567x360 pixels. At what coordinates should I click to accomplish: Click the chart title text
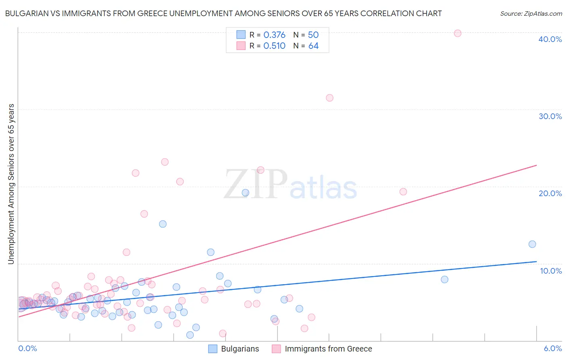point(223,13)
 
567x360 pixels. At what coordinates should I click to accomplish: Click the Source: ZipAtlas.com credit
point(531,13)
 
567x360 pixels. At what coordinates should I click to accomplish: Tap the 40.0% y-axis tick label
point(550,39)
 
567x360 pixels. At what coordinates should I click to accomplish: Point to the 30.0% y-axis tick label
point(550,116)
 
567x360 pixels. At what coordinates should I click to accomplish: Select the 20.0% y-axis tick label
point(550,193)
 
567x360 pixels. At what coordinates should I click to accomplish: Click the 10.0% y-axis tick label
point(551,271)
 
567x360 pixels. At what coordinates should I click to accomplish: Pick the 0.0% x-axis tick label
point(27,348)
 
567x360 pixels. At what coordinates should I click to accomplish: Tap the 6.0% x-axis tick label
point(553,348)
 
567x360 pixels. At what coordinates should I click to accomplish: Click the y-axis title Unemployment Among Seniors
point(11,184)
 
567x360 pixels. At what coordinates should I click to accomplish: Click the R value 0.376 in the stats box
point(274,35)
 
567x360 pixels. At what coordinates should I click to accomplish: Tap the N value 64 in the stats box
point(313,46)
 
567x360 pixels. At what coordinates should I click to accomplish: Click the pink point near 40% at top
point(457,33)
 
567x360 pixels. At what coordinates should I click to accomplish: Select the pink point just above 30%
point(329,98)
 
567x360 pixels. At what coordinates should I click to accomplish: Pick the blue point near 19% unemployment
point(245,193)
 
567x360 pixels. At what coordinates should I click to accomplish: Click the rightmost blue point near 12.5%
point(532,244)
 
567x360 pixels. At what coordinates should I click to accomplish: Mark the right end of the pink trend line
point(536,165)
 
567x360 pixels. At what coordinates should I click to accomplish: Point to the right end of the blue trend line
point(536,262)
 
